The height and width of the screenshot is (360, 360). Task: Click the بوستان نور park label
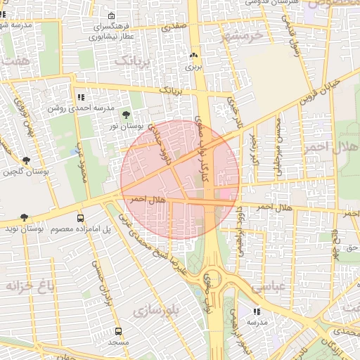point(127,127)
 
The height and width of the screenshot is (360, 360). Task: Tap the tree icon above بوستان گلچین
point(27,160)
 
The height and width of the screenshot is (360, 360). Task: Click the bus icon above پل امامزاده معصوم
point(80,219)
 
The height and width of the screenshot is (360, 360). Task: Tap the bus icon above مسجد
point(117,331)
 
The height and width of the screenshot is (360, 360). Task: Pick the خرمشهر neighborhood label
point(240,35)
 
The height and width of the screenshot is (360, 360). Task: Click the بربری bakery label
point(193,68)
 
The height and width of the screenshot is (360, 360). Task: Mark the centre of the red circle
point(180,180)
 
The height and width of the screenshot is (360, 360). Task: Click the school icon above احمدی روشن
point(80,97)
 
